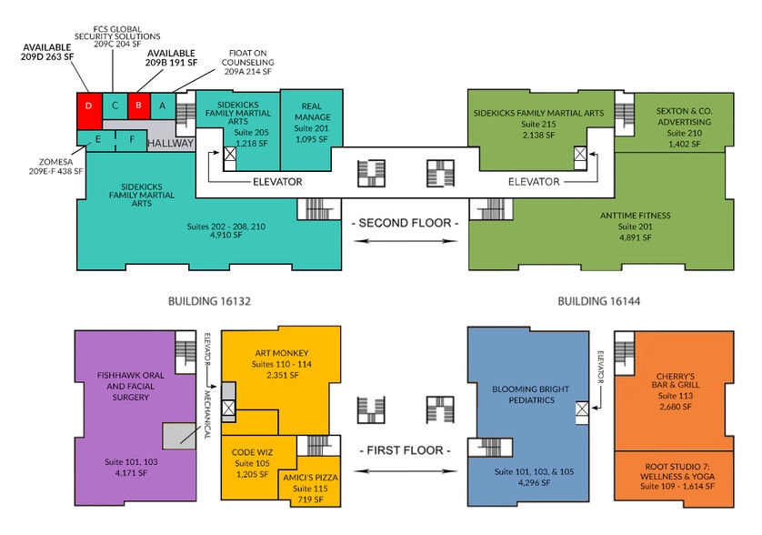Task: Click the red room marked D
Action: pos(89,111)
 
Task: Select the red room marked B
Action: pos(139,106)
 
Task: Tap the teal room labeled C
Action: pos(115,106)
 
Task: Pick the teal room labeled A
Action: pos(163,106)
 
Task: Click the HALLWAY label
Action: pos(170,144)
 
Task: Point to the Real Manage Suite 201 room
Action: pos(312,130)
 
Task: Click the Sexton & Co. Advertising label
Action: pos(684,116)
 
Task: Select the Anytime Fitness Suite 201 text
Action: pos(636,227)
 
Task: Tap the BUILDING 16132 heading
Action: pos(209,301)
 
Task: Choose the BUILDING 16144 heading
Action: pos(598,301)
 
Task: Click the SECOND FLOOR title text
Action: pos(406,223)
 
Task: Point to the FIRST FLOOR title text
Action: pos(406,450)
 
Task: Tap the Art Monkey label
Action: pos(282,353)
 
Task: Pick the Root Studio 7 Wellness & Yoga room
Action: pos(674,479)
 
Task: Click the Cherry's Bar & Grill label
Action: pos(676,380)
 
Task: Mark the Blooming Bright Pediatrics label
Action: pos(531,395)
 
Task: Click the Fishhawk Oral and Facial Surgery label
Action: pos(130,386)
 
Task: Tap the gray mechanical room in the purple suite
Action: pos(179,436)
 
